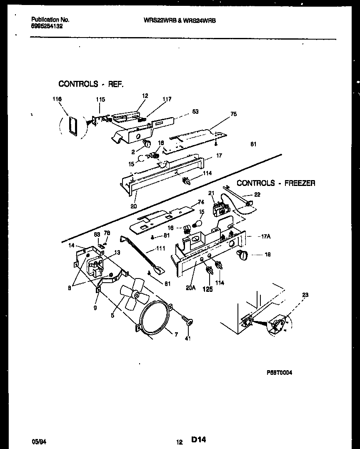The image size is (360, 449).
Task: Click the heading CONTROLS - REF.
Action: point(91,84)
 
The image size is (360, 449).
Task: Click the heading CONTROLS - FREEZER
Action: point(276,183)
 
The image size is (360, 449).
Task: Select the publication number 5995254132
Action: point(47,26)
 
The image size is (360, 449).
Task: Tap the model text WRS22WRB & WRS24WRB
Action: point(180,20)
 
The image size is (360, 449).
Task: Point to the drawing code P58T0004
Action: point(279,373)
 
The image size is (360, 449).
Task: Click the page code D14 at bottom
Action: point(199,439)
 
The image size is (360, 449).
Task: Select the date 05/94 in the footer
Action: point(38,440)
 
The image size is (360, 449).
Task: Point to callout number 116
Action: point(57,99)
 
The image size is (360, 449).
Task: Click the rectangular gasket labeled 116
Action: point(72,125)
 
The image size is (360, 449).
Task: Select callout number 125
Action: point(207,289)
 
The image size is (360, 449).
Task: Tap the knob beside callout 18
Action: point(242,255)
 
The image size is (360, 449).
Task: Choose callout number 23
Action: point(305,295)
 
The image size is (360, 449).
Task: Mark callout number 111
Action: point(160,248)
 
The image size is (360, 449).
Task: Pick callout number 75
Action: point(233,114)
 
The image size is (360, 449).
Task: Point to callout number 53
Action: point(195,111)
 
